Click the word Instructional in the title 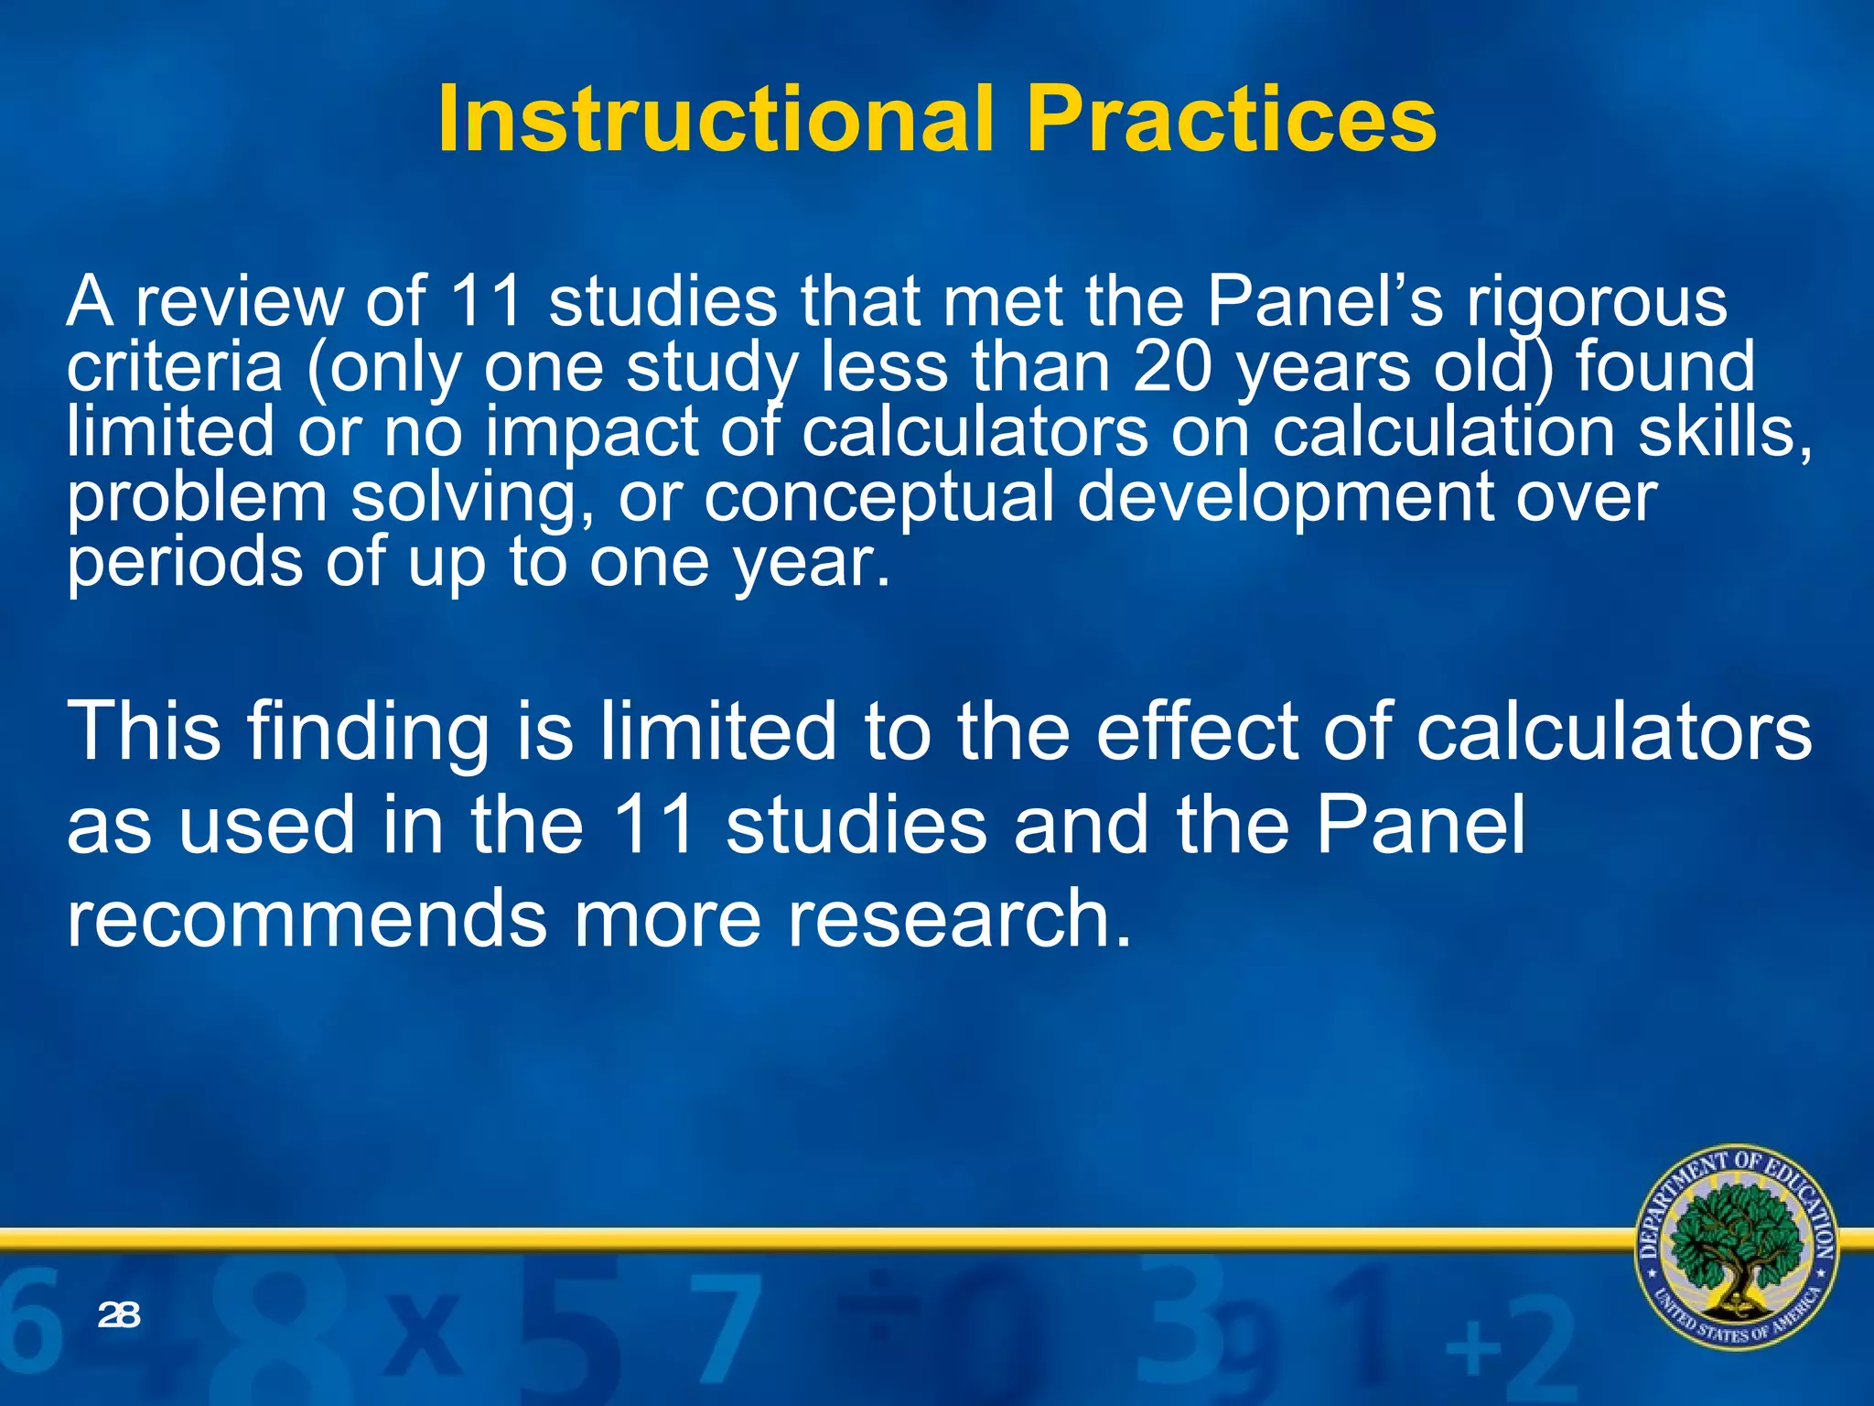pyautogui.click(x=715, y=120)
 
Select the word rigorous pyautogui.click(x=1596, y=302)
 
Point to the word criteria pyautogui.click(x=174, y=366)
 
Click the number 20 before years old pyautogui.click(x=1172, y=366)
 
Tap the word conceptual pyautogui.click(x=878, y=498)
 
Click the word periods pyautogui.click(x=184, y=562)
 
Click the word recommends pyautogui.click(x=307, y=917)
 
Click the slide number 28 pyautogui.click(x=119, y=1315)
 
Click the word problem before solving pyautogui.click(x=197, y=498)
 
